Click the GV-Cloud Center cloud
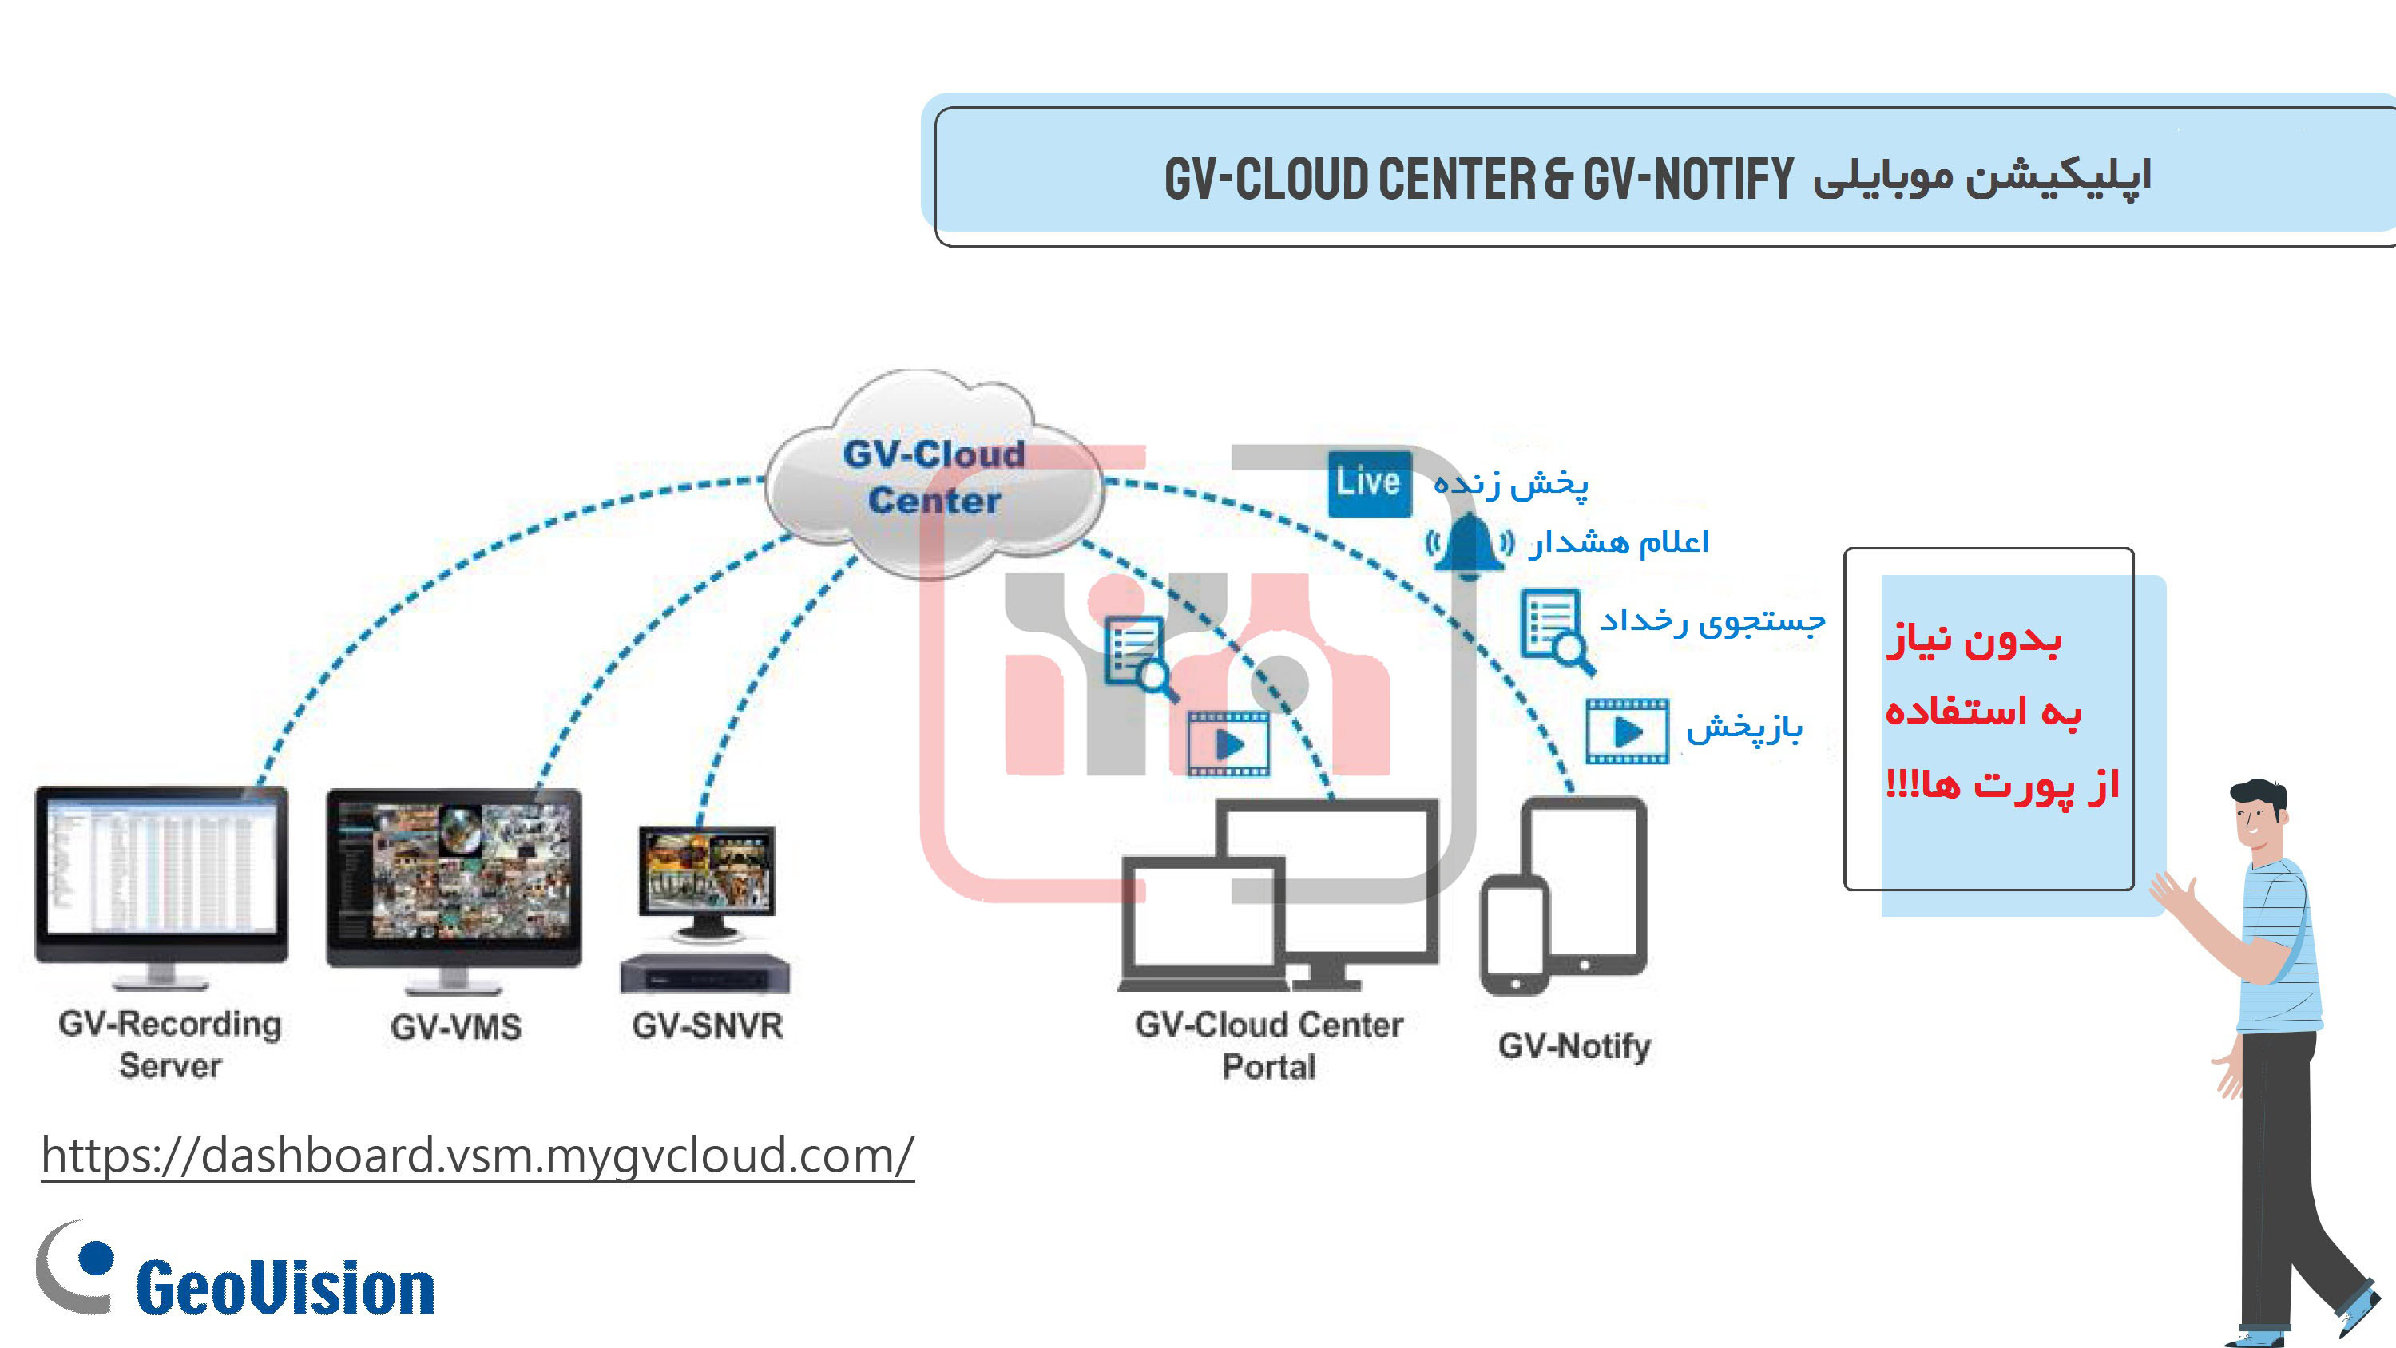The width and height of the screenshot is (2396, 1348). (934, 474)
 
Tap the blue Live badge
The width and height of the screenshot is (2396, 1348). (1369, 483)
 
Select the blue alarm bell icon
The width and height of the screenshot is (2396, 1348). (1470, 544)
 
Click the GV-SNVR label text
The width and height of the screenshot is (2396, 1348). (707, 1026)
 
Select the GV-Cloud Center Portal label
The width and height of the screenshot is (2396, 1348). (1269, 1045)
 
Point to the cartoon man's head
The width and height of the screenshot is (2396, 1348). (2259, 812)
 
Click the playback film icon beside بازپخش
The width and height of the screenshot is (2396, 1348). (1627, 731)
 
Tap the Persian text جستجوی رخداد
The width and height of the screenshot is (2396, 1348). (1712, 621)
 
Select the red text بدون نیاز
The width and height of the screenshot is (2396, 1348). (1974, 640)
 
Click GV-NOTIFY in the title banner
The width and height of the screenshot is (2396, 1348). (1688, 179)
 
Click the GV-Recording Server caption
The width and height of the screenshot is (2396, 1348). (169, 1044)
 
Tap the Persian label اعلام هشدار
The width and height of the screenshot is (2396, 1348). (1618, 542)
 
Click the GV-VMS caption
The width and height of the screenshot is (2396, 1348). (456, 1027)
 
